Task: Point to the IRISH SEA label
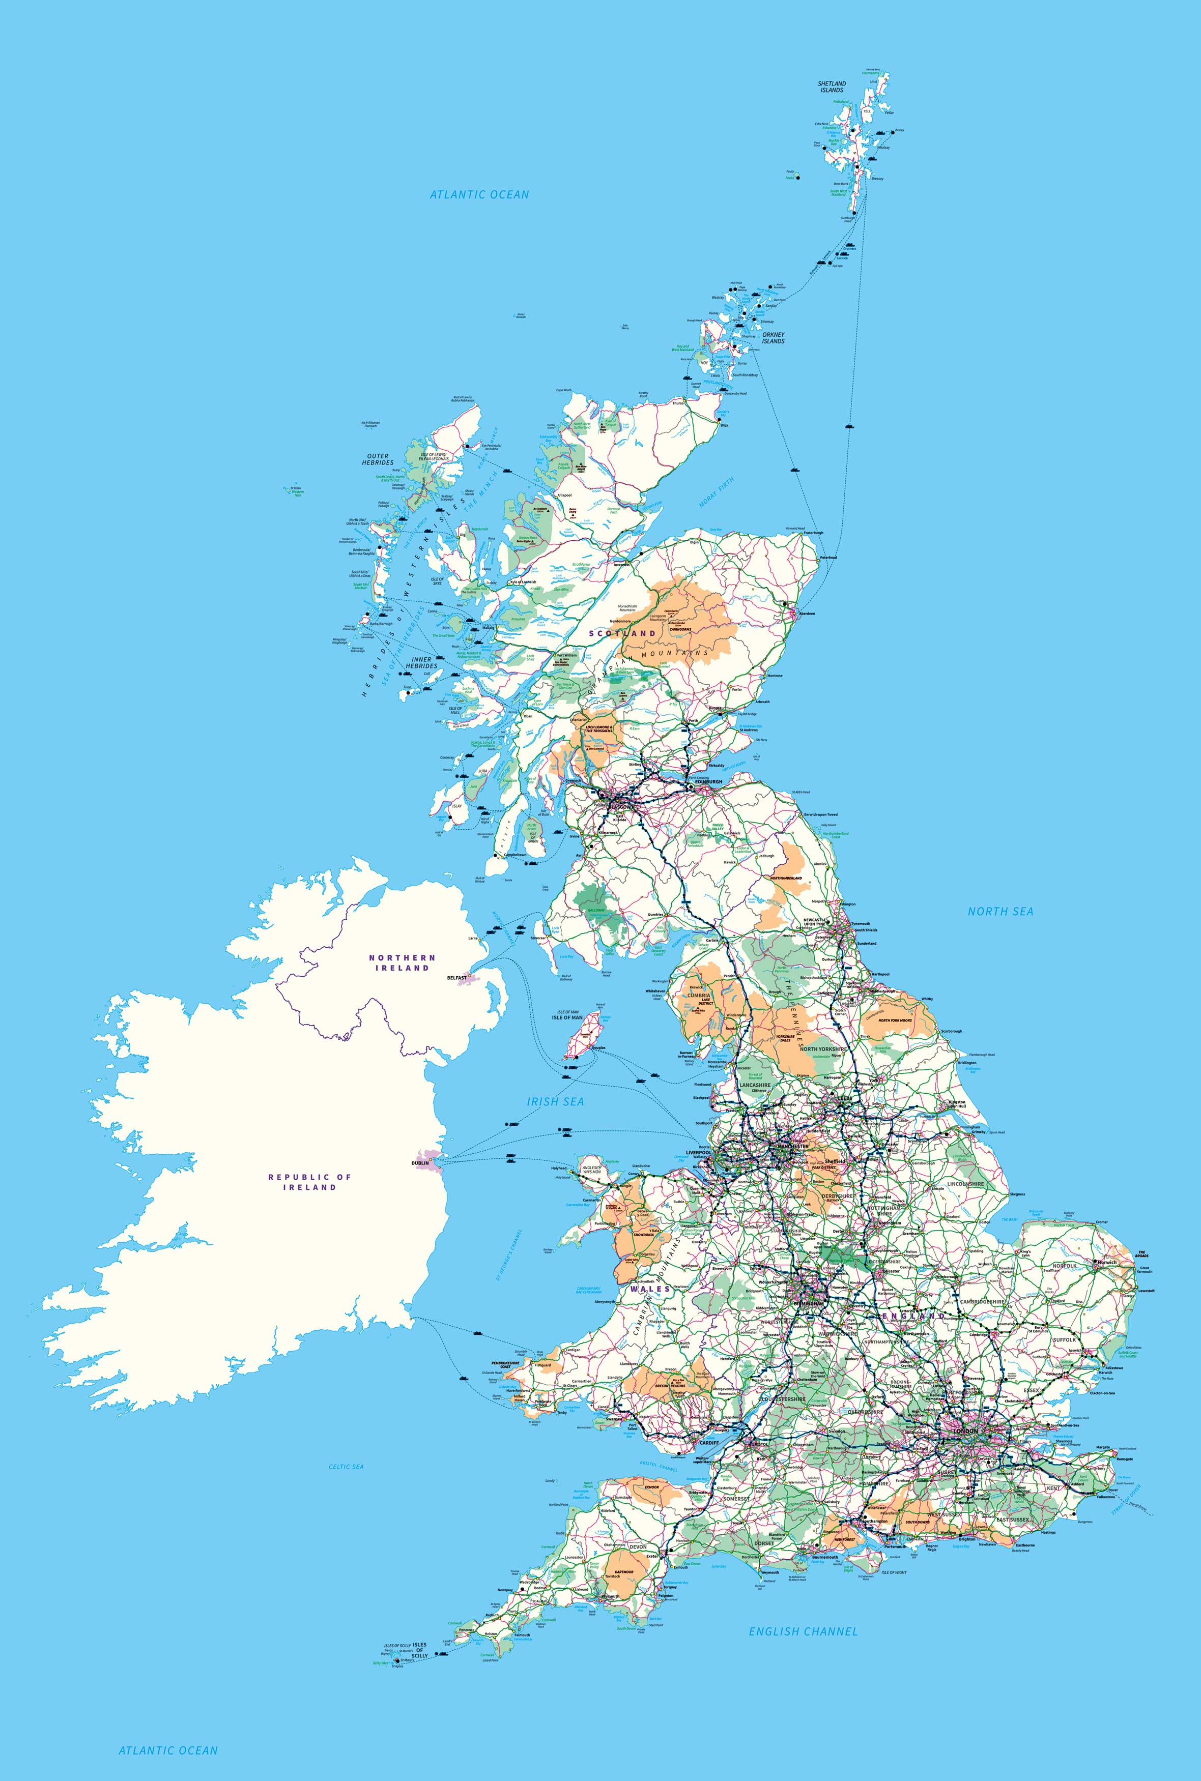pos(555,1102)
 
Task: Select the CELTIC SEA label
pos(346,1467)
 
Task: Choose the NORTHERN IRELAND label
pos(402,962)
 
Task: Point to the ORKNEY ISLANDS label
pos(773,338)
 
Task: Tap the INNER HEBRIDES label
pos(422,662)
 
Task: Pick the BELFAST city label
pos(456,978)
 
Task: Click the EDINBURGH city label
pos(708,782)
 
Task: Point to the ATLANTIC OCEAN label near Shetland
pos(479,194)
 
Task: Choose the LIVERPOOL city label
pos(699,1152)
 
